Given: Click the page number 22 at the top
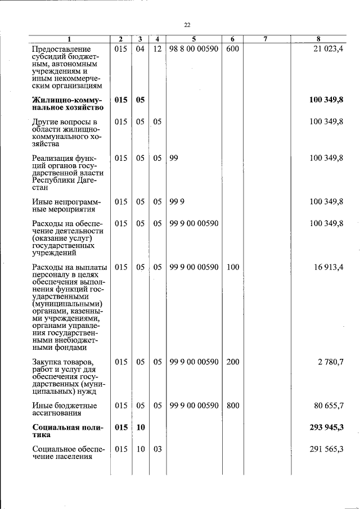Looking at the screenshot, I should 187,25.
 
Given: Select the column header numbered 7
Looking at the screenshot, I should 265,39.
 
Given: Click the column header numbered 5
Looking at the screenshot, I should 193,39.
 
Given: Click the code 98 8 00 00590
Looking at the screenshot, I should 193,49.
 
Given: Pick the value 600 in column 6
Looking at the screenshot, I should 232,49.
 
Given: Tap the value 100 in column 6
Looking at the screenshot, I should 232,267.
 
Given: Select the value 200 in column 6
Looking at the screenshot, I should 232,362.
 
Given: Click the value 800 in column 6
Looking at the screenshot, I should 232,406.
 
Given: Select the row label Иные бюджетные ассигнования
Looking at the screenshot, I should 65,409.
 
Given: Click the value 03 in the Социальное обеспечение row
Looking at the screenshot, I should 157,449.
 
